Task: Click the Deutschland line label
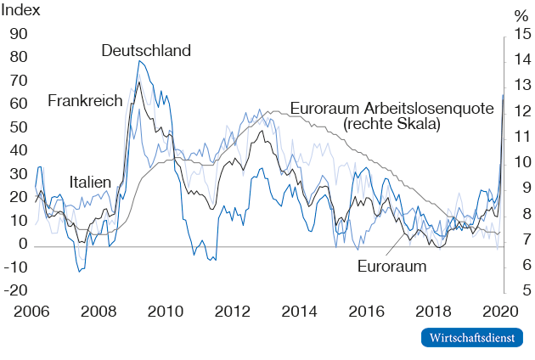(146, 50)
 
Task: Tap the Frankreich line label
(85, 101)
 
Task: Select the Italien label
(90, 183)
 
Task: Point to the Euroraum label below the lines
(391, 267)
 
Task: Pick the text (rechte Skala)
(391, 124)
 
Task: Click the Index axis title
(20, 13)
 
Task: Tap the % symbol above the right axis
(520, 15)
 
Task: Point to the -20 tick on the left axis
(17, 290)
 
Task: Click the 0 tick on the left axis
(24, 244)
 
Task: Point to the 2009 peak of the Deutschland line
(141, 61)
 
